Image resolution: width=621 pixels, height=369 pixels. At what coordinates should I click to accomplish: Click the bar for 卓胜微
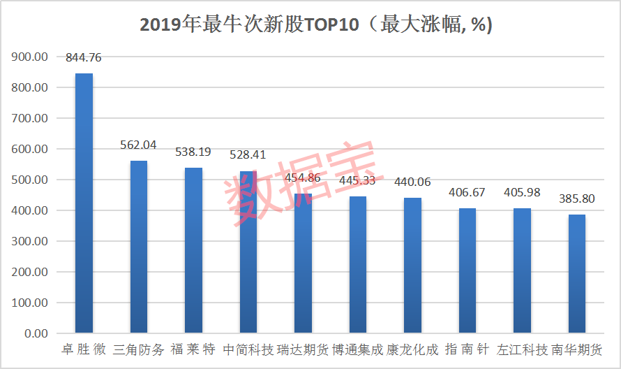[84, 203]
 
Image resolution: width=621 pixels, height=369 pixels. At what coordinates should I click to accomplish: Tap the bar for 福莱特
[193, 250]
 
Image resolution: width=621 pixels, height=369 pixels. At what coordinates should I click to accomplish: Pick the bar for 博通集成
[357, 264]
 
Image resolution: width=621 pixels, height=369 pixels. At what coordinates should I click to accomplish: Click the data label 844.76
[84, 58]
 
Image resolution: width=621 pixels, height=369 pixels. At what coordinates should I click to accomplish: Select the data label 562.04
[139, 145]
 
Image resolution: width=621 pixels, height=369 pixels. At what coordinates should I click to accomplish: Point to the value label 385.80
[576, 199]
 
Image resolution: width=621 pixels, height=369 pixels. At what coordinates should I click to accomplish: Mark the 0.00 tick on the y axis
[35, 333]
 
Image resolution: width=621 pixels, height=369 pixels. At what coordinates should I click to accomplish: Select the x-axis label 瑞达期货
[303, 349]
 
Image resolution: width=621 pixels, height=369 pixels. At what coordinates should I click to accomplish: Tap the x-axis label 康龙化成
[412, 349]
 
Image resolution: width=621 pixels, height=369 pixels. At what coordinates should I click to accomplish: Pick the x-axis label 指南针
[467, 349]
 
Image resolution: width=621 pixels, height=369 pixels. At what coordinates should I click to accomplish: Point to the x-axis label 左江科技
[522, 349]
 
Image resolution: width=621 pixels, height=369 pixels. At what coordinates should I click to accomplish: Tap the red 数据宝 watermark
[300, 183]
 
